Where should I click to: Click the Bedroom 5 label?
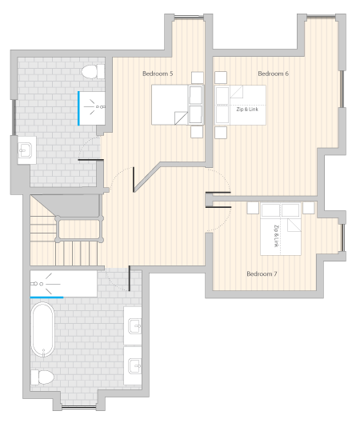[x=158, y=74]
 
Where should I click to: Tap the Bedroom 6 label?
[x=273, y=74]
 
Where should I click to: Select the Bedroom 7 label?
[x=262, y=273]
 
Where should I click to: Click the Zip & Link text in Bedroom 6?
[x=247, y=110]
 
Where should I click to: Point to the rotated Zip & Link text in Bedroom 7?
[x=276, y=236]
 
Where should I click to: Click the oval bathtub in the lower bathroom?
[x=42, y=329]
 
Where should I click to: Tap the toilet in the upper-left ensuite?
[x=93, y=71]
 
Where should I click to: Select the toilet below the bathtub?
[x=42, y=377]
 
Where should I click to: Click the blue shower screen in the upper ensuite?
[x=79, y=108]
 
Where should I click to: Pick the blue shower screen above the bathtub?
[x=46, y=297]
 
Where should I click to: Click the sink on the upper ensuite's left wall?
[x=26, y=150]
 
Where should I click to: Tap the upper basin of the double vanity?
[x=133, y=325]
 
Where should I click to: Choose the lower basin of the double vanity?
[x=133, y=365]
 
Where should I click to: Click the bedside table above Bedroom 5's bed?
[x=198, y=78]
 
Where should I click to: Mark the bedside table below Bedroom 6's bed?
[x=221, y=133]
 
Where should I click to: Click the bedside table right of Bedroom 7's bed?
[x=309, y=208]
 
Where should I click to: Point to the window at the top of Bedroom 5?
[x=189, y=18]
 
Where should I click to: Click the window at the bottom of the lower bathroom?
[x=79, y=407]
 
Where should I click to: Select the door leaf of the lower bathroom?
[x=130, y=278]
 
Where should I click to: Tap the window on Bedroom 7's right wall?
[x=342, y=237]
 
